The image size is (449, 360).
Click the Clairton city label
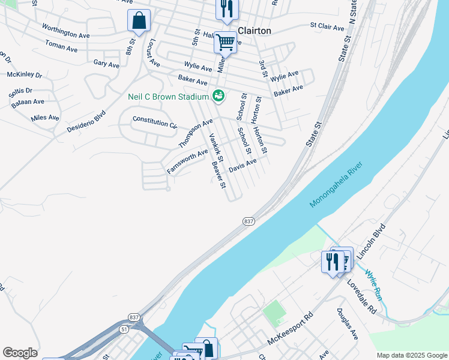click(255, 31)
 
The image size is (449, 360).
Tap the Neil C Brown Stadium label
click(167, 97)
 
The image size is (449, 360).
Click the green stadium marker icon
click(218, 95)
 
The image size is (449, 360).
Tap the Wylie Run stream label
click(373, 284)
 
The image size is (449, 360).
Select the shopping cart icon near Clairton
click(225, 43)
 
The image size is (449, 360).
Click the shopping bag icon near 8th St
click(139, 21)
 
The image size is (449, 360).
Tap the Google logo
click(20, 353)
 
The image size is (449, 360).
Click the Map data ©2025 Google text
click(412, 355)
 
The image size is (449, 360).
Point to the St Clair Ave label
click(327, 27)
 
